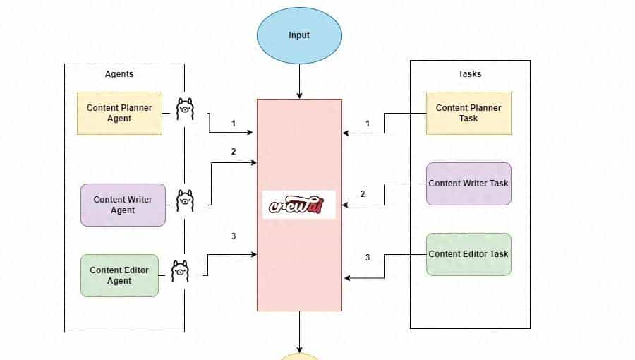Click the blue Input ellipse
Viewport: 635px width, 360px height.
pyautogui.click(x=299, y=35)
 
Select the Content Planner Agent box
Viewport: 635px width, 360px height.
pyautogui.click(x=119, y=113)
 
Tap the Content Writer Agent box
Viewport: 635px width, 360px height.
pyautogui.click(x=123, y=205)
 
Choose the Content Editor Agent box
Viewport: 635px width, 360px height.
pyautogui.click(x=119, y=275)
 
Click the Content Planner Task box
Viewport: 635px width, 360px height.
pyautogui.click(x=468, y=113)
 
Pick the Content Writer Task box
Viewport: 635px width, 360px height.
pyautogui.click(x=468, y=184)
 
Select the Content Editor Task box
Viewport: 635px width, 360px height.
pyautogui.click(x=468, y=254)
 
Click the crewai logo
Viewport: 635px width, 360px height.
pyautogui.click(x=299, y=204)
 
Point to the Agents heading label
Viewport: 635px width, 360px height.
pyautogui.click(x=119, y=73)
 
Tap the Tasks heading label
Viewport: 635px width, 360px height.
pyautogui.click(x=470, y=73)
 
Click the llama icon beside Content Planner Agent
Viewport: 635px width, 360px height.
pyautogui.click(x=185, y=109)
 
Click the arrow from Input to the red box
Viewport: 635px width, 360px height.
pyautogui.click(x=299, y=82)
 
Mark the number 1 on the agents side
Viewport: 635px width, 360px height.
pyautogui.click(x=234, y=124)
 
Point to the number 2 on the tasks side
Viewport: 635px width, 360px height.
pyautogui.click(x=363, y=194)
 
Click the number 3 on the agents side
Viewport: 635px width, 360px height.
pyautogui.click(x=234, y=236)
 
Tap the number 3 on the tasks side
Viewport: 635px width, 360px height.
pyautogui.click(x=367, y=258)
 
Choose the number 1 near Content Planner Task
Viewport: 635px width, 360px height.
pyautogui.click(x=367, y=124)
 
